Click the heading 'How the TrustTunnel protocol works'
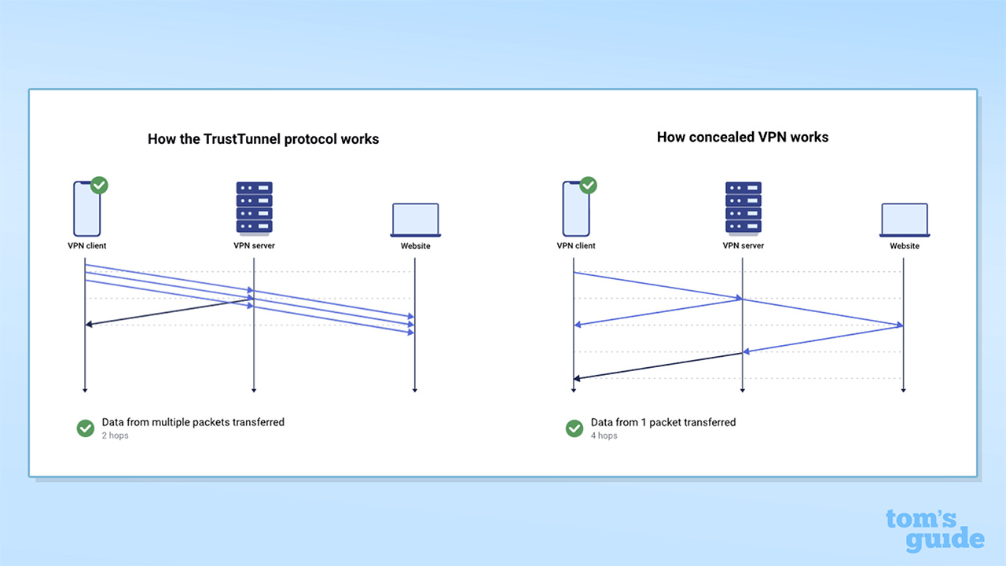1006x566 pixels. [263, 139]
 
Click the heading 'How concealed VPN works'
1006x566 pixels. [743, 137]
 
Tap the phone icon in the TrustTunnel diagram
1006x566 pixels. [86, 209]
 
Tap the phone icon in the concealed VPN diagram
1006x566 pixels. [575, 209]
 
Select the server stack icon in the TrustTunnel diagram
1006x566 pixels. [254, 208]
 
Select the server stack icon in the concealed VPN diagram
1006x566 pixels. [743, 208]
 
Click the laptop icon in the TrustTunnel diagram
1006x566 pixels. [416, 219]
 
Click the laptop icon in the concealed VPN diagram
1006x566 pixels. [905, 219]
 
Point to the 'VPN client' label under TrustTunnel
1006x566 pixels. [86, 245]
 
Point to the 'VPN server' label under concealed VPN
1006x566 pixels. [743, 245]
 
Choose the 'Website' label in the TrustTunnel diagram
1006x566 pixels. [416, 246]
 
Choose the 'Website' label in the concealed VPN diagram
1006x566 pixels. [905, 246]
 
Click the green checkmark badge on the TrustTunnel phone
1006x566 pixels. [99, 186]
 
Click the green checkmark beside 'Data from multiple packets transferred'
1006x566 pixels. [86, 428]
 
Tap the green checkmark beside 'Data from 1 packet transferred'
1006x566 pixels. [575, 428]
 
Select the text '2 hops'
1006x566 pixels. [115, 436]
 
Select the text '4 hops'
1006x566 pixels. [604, 436]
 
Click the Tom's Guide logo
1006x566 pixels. [934, 531]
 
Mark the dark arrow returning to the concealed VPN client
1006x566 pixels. [658, 366]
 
